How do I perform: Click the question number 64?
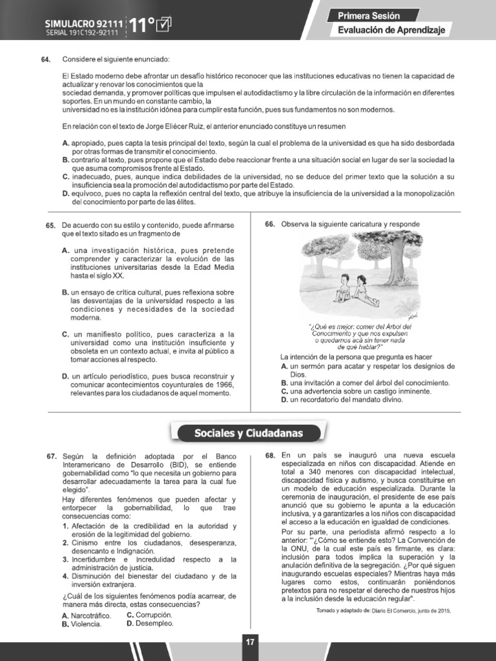(45, 60)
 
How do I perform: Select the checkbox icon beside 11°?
(164, 25)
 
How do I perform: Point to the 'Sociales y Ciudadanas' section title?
(249, 432)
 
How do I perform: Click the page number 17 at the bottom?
(249, 642)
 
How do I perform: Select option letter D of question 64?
(66, 192)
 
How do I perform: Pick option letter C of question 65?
(66, 334)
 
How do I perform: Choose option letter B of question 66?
(284, 383)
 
